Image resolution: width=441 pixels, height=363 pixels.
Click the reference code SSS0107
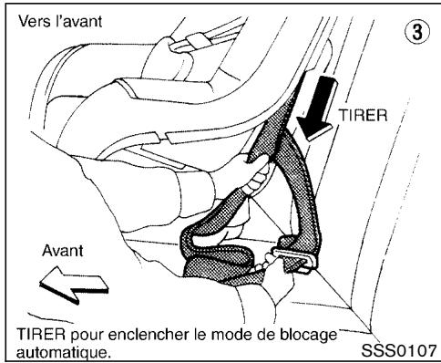(x=399, y=347)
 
